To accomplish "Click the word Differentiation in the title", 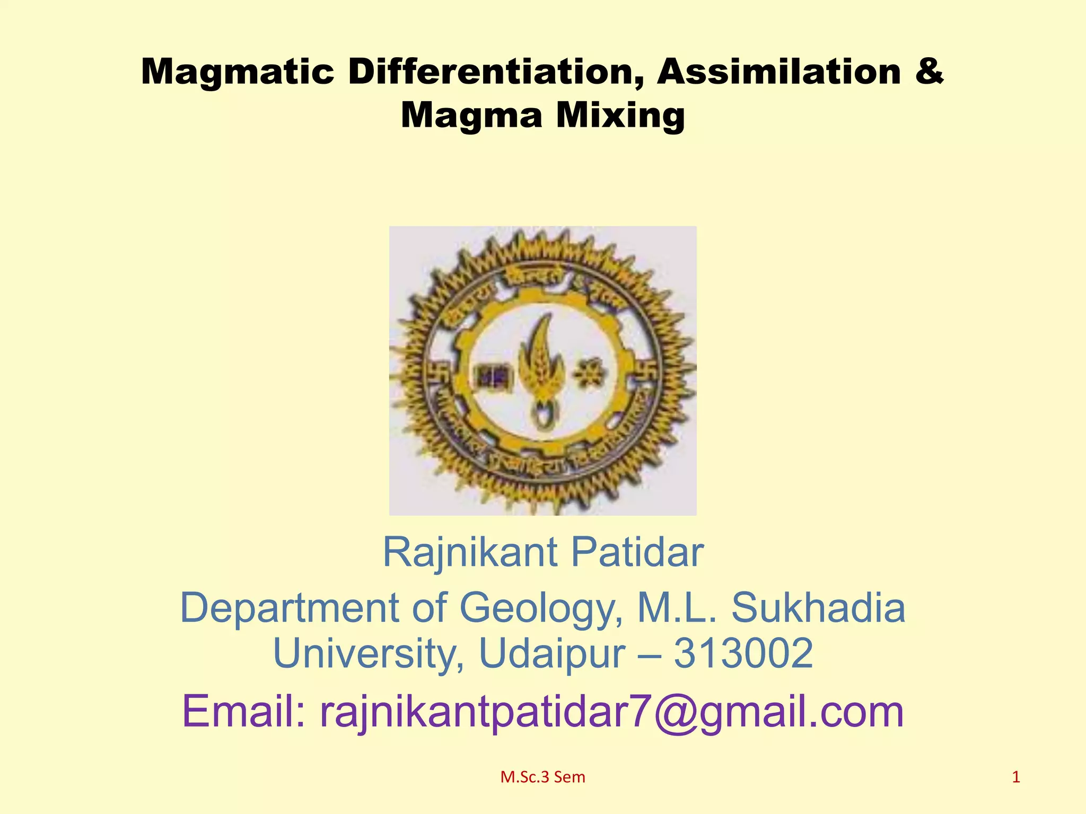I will [493, 72].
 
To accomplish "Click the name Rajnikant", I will [470, 552].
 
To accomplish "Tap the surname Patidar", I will [637, 552].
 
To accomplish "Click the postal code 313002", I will [743, 653].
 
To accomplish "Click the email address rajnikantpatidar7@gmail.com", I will [611, 712].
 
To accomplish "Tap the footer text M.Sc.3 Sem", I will [542, 777].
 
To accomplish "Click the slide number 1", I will [1016, 777].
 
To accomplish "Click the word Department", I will [289, 608].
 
